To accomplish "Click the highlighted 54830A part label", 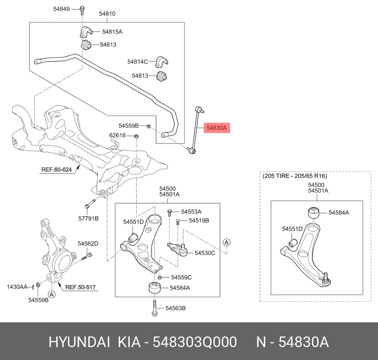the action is coord(217,128).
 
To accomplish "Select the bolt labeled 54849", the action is coord(82,10).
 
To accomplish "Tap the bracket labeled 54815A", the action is coord(85,32).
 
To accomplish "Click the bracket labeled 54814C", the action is coord(162,62).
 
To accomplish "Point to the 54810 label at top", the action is coord(107,14).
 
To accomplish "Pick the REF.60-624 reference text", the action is coord(57,170).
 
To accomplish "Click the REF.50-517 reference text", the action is coord(81,287).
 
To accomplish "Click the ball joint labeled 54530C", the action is coord(178,249).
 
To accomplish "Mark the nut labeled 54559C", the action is coord(160,277).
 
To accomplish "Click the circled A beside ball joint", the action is coord(226,243).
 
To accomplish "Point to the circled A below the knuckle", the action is coord(51,294).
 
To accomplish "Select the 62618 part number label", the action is coord(118,135).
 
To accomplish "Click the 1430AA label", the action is coord(17,287).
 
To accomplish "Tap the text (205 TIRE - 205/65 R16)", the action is coord(295,176).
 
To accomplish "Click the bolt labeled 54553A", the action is coord(169,213).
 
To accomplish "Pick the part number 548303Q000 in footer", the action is coord(195,342).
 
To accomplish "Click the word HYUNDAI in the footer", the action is coord(79,342).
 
